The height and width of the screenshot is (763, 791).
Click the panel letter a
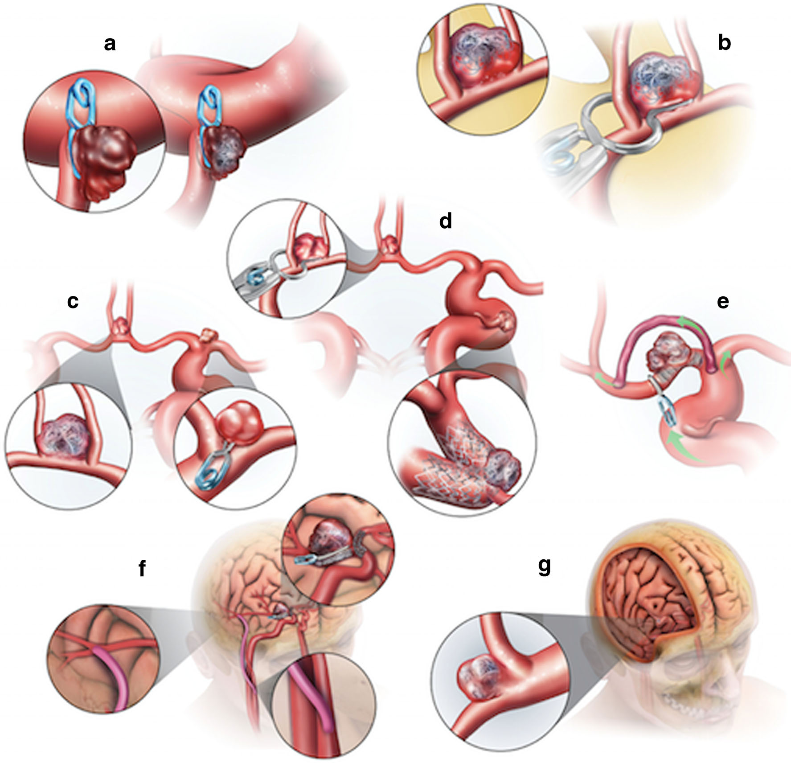[x=109, y=44]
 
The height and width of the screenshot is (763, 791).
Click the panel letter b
[x=724, y=44]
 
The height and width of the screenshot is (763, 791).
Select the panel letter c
[x=73, y=302]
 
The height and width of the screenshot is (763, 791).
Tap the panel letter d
[x=445, y=221]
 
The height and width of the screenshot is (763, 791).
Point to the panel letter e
[x=722, y=302]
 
